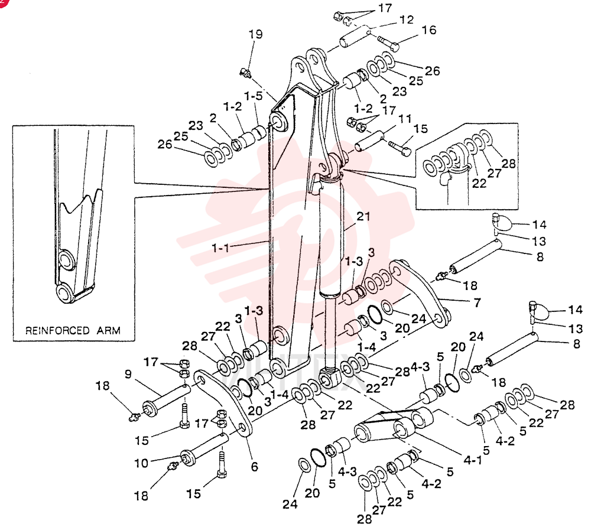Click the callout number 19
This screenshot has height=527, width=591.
255,34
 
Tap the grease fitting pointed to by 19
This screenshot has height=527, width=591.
245,73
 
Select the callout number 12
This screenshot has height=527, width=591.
407,19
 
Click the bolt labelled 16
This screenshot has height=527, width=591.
388,44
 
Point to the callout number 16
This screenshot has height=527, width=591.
428,30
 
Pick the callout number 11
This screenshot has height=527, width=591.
405,119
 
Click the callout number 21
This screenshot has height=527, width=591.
363,217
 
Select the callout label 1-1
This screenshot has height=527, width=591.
220,248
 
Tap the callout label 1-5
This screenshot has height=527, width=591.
253,96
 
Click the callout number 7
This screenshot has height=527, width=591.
477,302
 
